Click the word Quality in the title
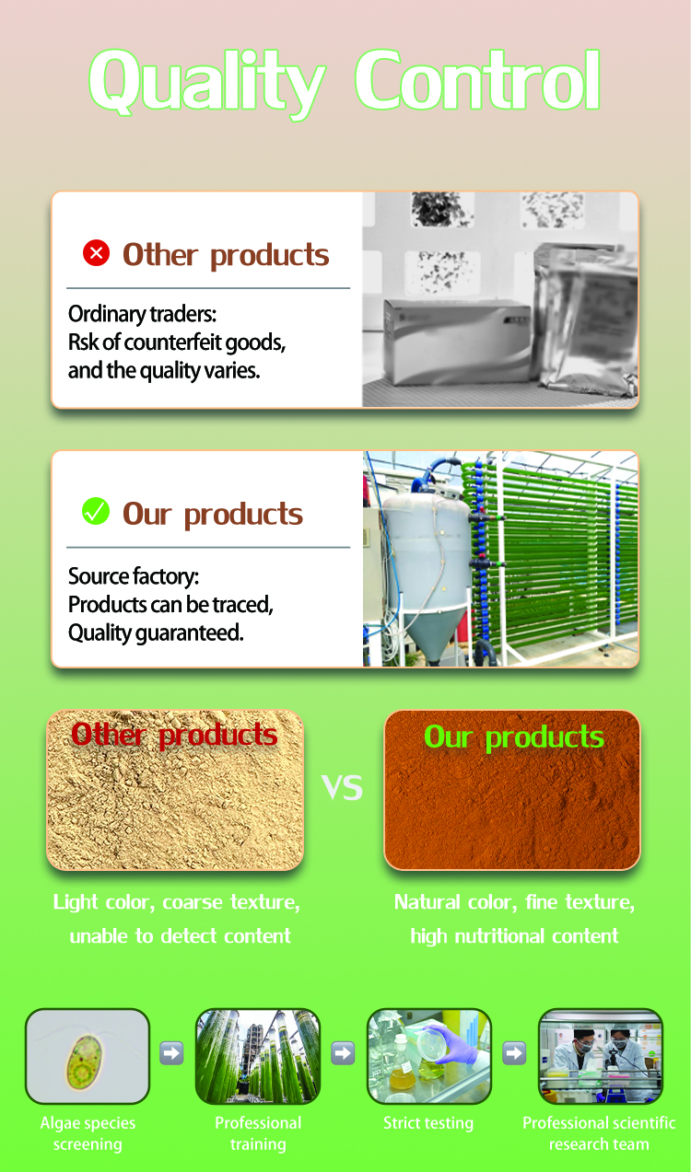[207, 81]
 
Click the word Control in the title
[478, 81]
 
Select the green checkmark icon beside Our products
[96, 511]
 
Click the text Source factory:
[134, 577]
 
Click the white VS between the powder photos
[343, 787]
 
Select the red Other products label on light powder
[174, 735]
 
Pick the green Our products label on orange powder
[513, 737]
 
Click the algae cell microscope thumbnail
[88, 1056]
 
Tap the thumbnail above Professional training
[258, 1056]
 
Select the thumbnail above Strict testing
[429, 1056]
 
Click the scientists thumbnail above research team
[600, 1056]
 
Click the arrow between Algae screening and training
[171, 1053]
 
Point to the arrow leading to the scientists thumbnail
[514, 1053]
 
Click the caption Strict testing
[428, 1123]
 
